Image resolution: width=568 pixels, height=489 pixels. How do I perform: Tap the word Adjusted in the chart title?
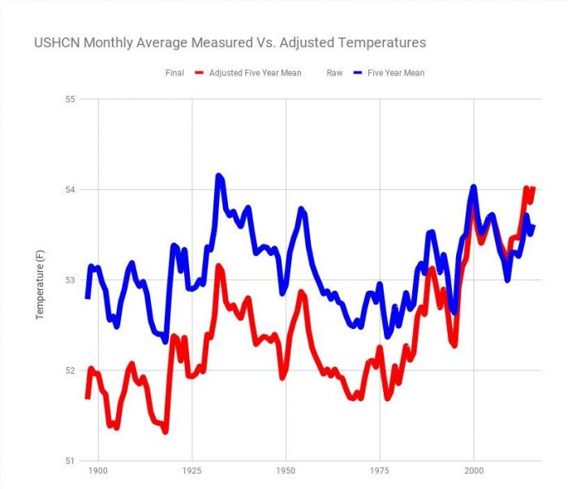[x=332, y=42]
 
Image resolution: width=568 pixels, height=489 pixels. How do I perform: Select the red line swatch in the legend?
[x=200, y=73]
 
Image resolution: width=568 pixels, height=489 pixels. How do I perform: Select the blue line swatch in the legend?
[x=363, y=73]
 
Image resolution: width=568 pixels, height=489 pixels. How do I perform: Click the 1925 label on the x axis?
[x=191, y=472]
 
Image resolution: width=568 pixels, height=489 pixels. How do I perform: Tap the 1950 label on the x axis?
[x=285, y=472]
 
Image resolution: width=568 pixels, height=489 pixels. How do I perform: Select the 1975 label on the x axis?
[x=379, y=472]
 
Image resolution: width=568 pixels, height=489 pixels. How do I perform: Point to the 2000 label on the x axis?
[x=473, y=472]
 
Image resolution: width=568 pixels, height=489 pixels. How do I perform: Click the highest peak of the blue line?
[x=218, y=175]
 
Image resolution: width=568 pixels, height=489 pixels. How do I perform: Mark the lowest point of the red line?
[x=166, y=431]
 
